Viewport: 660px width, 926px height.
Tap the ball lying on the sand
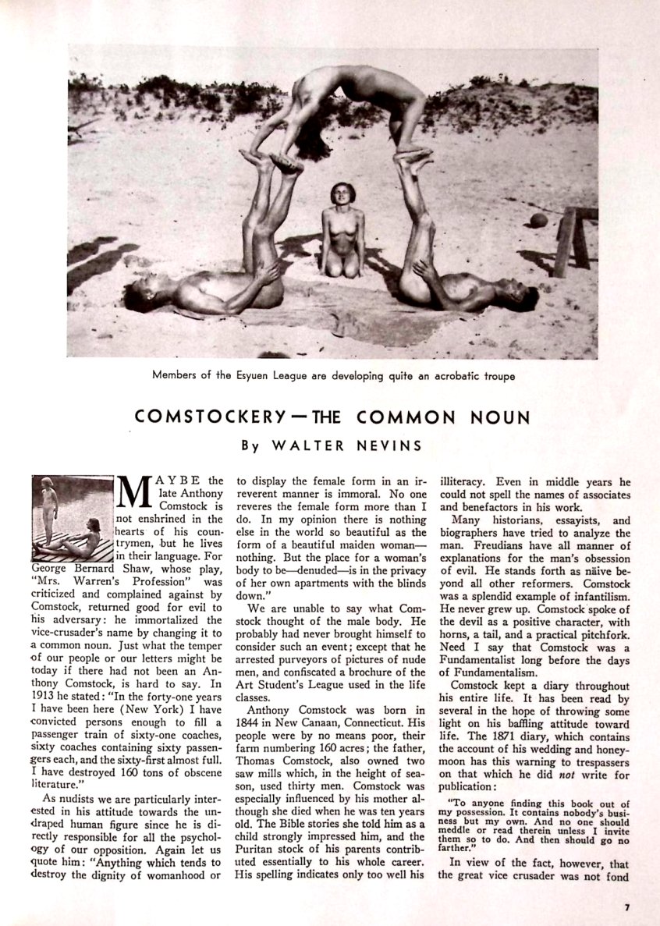[538, 220]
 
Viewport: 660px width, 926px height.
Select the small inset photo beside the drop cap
[73, 518]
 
